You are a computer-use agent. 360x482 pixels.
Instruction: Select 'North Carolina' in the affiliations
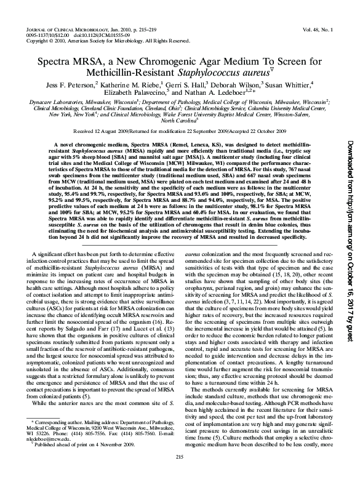(178, 121)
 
